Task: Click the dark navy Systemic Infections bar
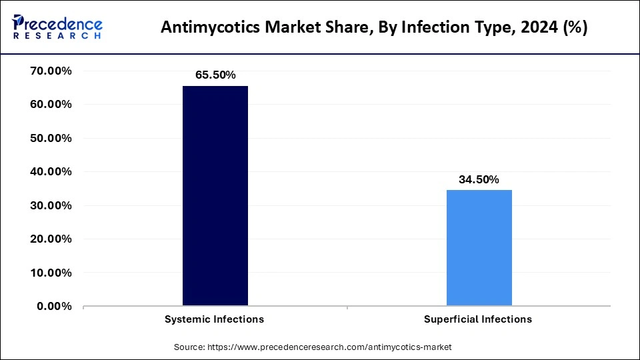(215, 196)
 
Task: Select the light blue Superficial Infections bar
(479, 248)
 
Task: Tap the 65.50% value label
(215, 75)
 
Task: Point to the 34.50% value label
(479, 179)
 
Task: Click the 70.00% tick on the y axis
(51, 71)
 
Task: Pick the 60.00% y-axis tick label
(51, 105)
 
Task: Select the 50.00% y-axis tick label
(51, 139)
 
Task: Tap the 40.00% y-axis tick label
(51, 172)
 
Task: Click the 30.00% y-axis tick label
(51, 206)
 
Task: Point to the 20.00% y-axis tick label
(51, 239)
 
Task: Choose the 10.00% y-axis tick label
(51, 273)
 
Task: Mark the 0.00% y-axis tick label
(54, 307)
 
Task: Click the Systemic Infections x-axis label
(214, 319)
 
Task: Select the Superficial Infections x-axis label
(478, 319)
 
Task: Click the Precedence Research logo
(57, 27)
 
